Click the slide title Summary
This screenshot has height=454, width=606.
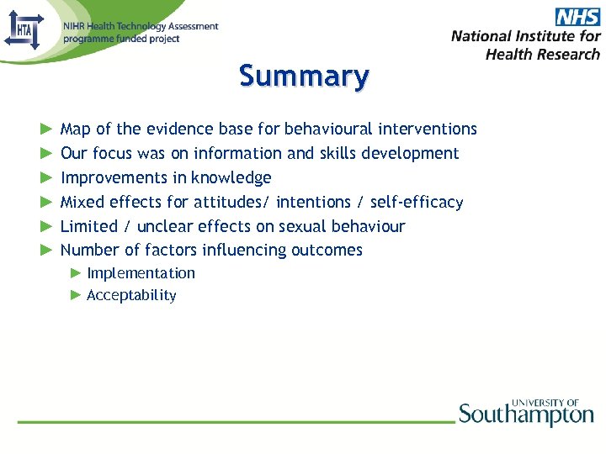pyautogui.click(x=304, y=76)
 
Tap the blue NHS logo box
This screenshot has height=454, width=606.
pyautogui.click(x=577, y=17)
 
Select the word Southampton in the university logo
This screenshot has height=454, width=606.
pyautogui.click(x=526, y=415)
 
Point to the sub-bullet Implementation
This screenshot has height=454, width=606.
pyautogui.click(x=141, y=273)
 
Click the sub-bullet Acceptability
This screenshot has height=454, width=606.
pyautogui.click(x=131, y=295)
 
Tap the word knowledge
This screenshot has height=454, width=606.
pyautogui.click(x=231, y=177)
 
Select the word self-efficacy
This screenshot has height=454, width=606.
pyautogui.click(x=417, y=202)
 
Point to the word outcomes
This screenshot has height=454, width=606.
pyautogui.click(x=327, y=250)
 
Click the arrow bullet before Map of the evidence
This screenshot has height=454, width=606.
pyautogui.click(x=45, y=129)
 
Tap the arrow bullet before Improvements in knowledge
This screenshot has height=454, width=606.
pyautogui.click(x=45, y=177)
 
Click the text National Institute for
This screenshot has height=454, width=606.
pyautogui.click(x=525, y=36)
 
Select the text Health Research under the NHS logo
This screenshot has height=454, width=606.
pyautogui.click(x=543, y=54)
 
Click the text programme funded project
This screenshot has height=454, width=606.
pyautogui.click(x=121, y=39)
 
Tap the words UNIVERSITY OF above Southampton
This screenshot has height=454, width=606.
pyautogui.click(x=545, y=403)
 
